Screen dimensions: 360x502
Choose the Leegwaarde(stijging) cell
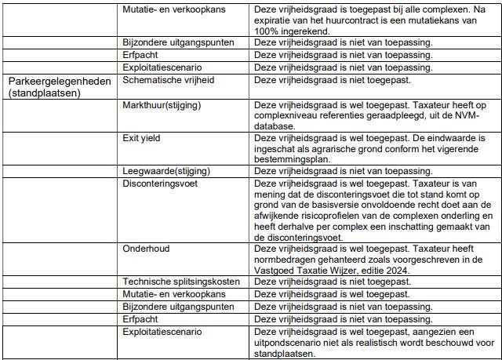tap(167, 171)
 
